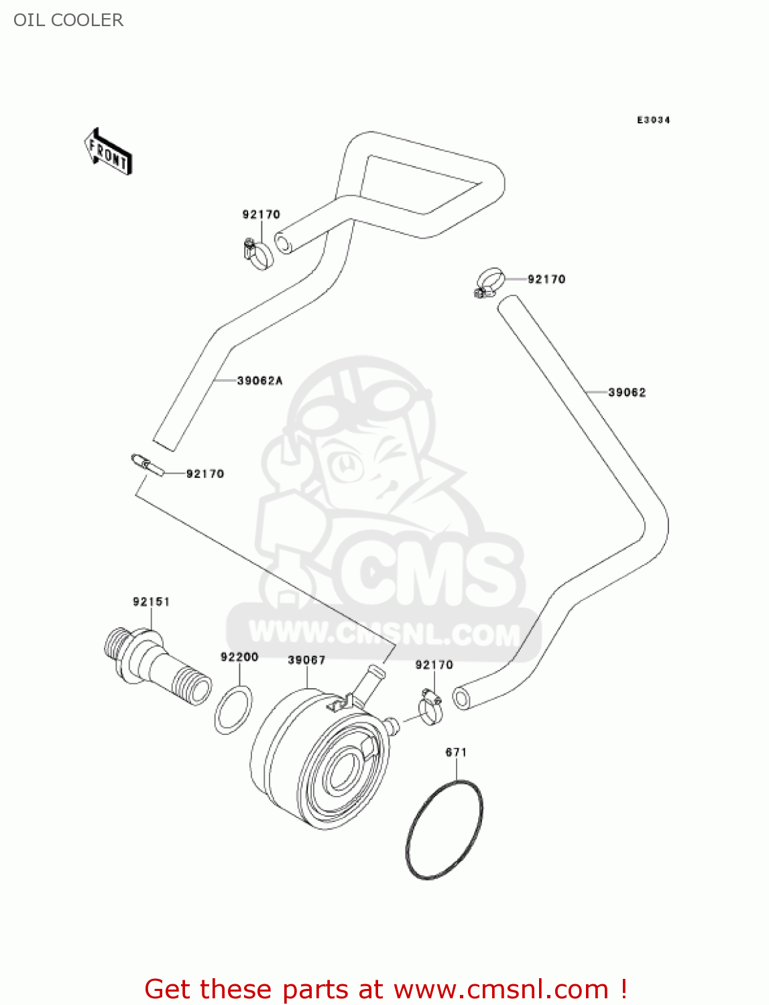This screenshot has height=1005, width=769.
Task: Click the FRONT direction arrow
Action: pos(108,152)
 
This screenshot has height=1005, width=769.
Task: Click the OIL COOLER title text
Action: pos(68,20)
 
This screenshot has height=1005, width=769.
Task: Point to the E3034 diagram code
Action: pos(653,120)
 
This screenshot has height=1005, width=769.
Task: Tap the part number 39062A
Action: pos(260,381)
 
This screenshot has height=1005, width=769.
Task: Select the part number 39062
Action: pos(627,393)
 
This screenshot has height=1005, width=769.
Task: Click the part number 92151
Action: pos(152,602)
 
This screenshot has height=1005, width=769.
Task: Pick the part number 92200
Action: pos(239,657)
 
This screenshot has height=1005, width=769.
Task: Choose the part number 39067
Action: pos(306,660)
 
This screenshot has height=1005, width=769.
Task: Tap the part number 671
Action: pos(456,752)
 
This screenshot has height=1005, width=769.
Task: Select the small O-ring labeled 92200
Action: pos(233,709)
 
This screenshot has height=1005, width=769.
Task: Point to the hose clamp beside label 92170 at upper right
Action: pos(489,281)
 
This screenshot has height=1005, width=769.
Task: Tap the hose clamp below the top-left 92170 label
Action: pos(258,253)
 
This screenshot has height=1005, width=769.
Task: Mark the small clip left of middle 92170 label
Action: pos(147,464)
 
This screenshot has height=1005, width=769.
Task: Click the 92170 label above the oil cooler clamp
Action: pos(434,665)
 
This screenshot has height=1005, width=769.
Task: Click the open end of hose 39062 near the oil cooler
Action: pos(461,698)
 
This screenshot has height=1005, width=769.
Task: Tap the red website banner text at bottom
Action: pos(386,989)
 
